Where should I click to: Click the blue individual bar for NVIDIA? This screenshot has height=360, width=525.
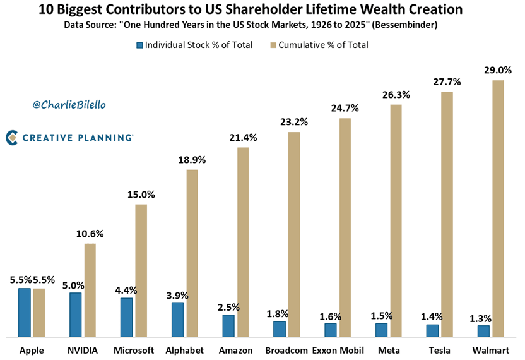coord(75,315)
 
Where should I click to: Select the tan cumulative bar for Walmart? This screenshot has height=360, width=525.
coord(498,208)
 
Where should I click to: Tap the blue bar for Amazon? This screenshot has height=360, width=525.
coord(228,325)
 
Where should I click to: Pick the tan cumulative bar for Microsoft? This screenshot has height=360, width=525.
coord(141,270)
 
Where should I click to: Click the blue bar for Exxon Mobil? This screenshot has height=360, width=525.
coord(330,330)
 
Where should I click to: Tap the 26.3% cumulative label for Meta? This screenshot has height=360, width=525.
coord(397,95)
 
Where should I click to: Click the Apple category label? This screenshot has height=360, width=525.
coord(32,350)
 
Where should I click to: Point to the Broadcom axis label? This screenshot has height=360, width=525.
coord(286,350)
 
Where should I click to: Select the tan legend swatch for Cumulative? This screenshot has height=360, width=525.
coord(273,45)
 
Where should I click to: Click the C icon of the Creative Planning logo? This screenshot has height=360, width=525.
coord(11,137)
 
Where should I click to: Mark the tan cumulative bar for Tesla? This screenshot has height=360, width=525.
coord(447,215)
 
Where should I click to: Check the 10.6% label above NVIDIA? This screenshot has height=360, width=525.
coord(90,234)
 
